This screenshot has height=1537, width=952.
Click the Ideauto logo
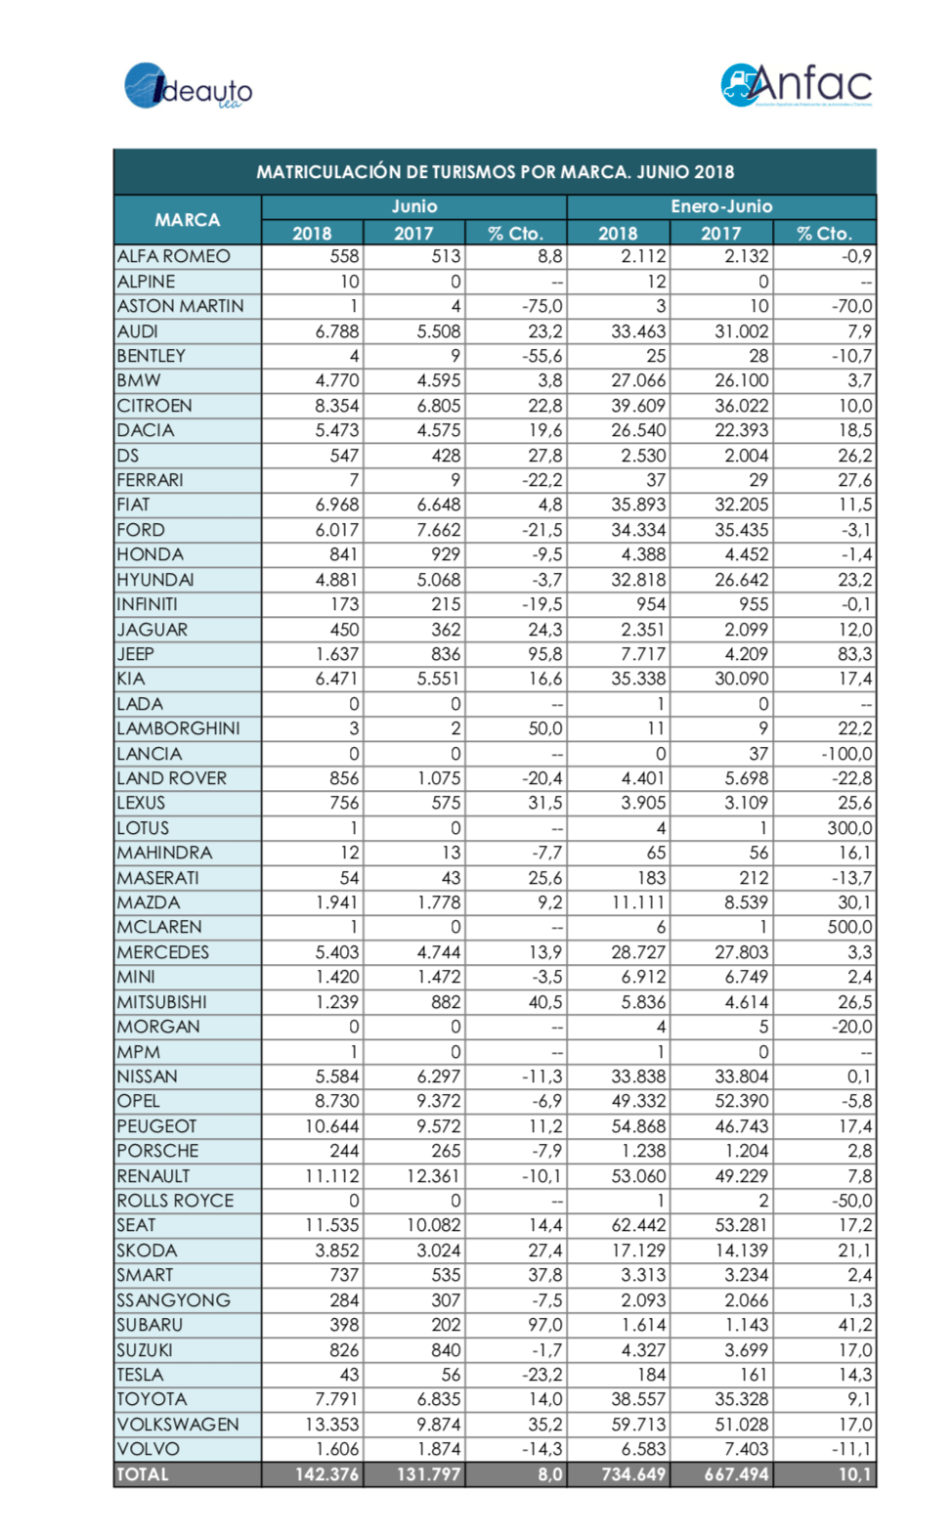tap(188, 86)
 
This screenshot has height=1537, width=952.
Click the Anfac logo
tap(796, 85)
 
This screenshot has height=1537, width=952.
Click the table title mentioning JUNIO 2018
tap(495, 172)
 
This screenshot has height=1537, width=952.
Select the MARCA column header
tap(187, 220)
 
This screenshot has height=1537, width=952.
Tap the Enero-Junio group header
tap(720, 206)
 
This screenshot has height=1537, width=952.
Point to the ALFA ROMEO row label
tap(174, 256)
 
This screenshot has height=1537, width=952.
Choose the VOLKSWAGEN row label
tap(178, 1425)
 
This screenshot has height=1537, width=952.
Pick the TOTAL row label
tap(143, 1474)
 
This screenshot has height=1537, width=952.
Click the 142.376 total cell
tap(326, 1474)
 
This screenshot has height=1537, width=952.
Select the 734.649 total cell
tap(632, 1474)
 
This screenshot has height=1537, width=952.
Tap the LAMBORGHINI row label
tap(178, 728)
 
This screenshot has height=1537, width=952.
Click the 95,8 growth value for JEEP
tap(544, 654)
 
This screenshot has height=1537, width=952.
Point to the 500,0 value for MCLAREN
tap(848, 927)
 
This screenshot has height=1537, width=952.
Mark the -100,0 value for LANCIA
tap(846, 754)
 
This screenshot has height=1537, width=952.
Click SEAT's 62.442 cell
tap(637, 1225)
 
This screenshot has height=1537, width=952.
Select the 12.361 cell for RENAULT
tap(433, 1176)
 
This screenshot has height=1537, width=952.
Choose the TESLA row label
tap(140, 1375)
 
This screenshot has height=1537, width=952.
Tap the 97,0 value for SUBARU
tap(544, 1325)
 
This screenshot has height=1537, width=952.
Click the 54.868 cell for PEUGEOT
tap(637, 1126)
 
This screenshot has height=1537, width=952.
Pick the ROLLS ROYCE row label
tap(175, 1201)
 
